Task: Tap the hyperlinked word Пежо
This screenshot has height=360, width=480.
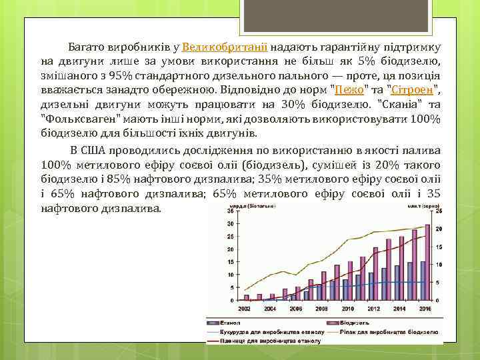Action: (345, 89)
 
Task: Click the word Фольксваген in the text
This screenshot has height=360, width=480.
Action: (73, 118)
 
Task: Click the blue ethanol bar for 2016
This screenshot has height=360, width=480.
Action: (421, 281)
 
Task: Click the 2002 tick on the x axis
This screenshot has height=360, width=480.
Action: (245, 309)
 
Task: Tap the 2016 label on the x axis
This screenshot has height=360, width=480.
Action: (424, 309)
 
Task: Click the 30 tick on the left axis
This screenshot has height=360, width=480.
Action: (230, 224)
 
